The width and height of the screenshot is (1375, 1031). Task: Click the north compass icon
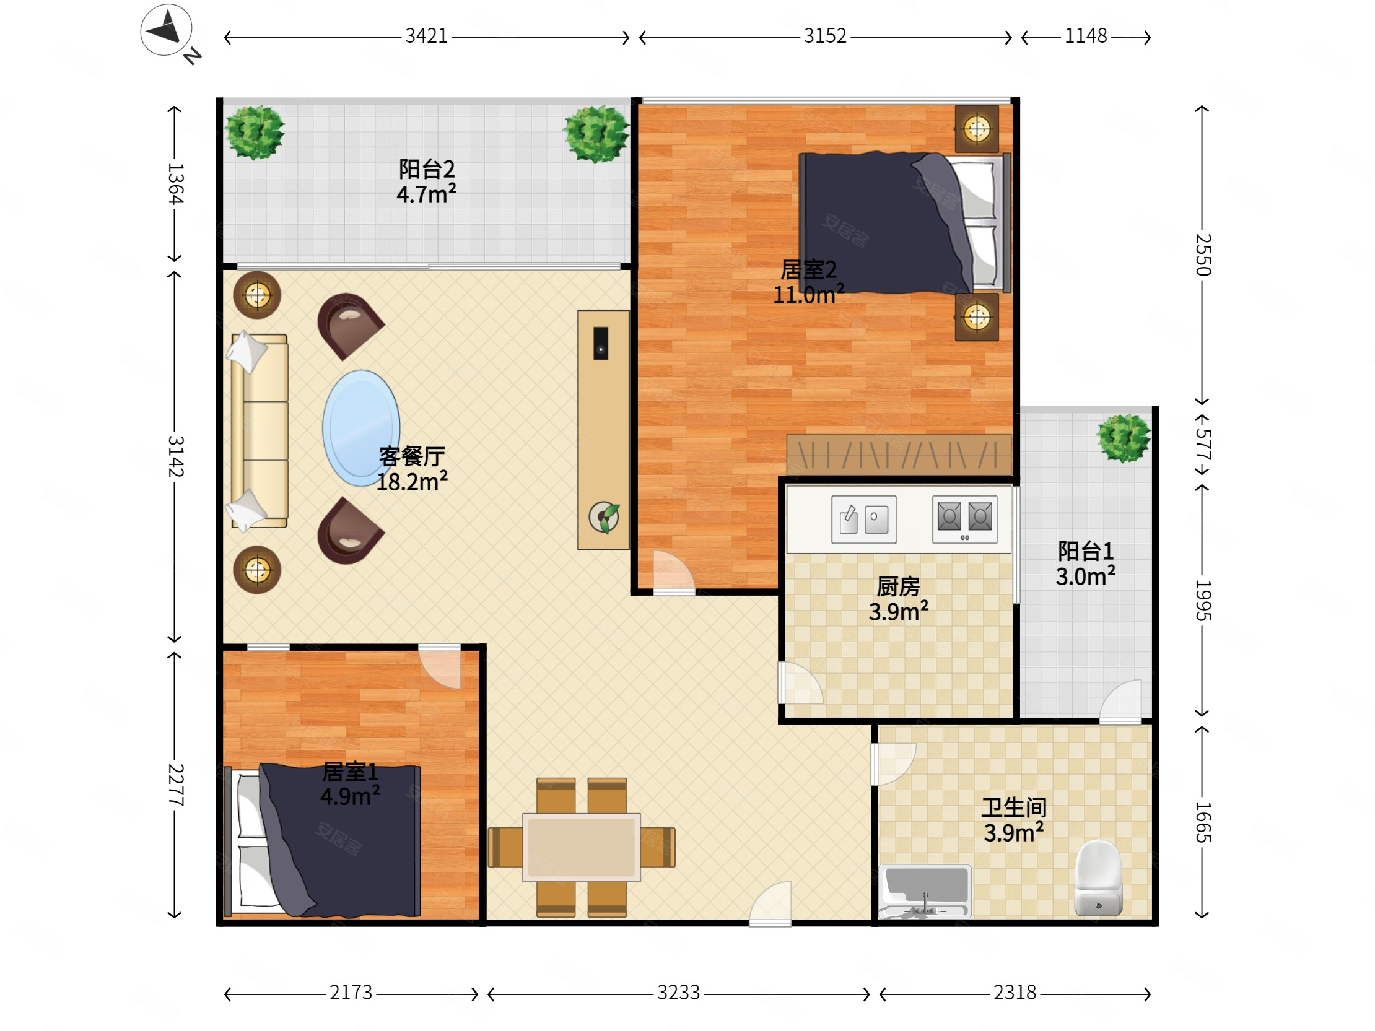coord(166,30)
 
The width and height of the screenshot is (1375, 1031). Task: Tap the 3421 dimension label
coord(426,36)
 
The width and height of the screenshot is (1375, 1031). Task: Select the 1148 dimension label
coord(1085,36)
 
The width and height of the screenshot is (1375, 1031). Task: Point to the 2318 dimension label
coord(1015,993)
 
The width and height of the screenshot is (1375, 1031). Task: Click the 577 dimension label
coord(1203,445)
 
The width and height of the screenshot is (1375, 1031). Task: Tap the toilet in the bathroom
coord(1098,878)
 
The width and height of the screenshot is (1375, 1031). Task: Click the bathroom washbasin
coord(925,891)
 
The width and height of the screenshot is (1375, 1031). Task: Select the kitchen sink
coord(864,519)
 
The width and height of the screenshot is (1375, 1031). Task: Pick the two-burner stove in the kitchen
coord(965,519)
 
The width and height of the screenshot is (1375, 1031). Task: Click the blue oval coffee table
coord(361,428)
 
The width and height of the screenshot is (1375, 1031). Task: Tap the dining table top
coord(581,847)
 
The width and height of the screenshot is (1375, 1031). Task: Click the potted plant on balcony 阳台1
coord(1124,438)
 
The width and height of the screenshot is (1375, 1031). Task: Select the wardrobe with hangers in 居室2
coord(899,455)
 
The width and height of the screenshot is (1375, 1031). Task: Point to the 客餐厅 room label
coord(412,456)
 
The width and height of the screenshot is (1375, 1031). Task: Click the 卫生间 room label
coord(1014,807)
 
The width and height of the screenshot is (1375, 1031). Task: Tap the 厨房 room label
coord(898,586)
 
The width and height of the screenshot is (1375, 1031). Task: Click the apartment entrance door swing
coord(770,903)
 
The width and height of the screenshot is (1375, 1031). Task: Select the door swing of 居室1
coord(440,666)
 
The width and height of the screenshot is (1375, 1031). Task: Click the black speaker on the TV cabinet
coord(600,344)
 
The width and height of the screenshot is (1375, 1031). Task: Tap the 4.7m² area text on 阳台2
coord(426,194)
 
